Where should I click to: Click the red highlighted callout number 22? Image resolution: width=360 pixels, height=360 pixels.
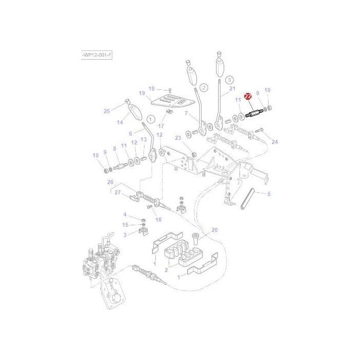tap(248, 96)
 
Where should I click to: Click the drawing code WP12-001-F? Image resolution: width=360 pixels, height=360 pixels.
tap(97, 55)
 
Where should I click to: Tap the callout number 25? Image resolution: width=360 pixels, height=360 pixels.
tap(107, 111)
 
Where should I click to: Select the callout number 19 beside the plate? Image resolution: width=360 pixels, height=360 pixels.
tap(142, 94)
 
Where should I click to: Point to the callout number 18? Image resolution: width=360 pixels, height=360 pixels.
tap(151, 88)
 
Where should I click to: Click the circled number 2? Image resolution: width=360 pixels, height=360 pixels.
tap(204, 87)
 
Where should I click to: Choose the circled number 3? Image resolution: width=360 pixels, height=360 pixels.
tap(229, 79)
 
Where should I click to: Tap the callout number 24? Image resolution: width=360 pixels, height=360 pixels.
tap(275, 142)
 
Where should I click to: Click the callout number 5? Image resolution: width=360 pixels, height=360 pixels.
tap(268, 194)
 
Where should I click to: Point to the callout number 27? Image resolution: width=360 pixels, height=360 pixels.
tap(117, 192)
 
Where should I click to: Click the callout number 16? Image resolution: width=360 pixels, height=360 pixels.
tap(158, 220)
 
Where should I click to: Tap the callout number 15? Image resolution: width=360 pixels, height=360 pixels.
tap(125, 225)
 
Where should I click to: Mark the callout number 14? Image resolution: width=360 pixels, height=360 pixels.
tap(120, 122)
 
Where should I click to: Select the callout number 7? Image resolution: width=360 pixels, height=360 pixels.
tap(187, 113)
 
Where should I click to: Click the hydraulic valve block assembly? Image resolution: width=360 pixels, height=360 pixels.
tap(100, 262)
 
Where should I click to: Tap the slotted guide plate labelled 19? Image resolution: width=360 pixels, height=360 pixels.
tap(170, 101)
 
